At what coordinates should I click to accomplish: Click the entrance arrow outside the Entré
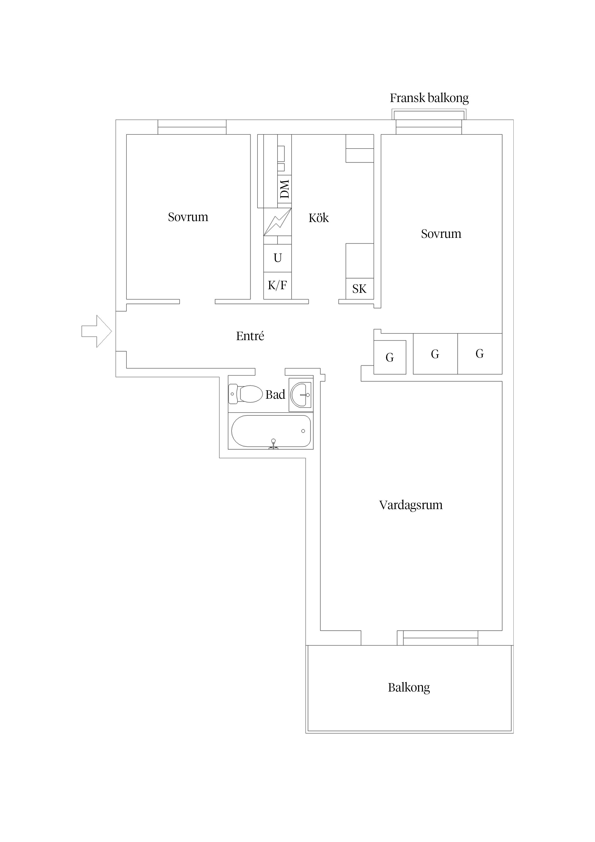pyautogui.click(x=96, y=331)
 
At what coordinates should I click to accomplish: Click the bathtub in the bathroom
pyautogui.click(x=271, y=431)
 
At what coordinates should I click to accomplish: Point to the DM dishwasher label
pyautogui.click(x=285, y=189)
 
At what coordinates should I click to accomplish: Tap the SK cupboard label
pyautogui.click(x=359, y=289)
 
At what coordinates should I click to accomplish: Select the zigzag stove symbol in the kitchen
pyautogui.click(x=278, y=222)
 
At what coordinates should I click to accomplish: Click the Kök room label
pyautogui.click(x=319, y=218)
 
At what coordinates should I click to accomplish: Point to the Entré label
pyautogui.click(x=250, y=336)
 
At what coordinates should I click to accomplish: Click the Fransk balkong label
pyautogui.click(x=429, y=98)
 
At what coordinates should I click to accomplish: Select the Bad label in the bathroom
pyautogui.click(x=275, y=395)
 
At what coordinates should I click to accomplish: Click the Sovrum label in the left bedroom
pyautogui.click(x=188, y=217)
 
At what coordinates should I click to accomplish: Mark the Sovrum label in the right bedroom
pyautogui.click(x=441, y=234)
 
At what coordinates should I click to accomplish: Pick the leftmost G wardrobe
pyautogui.click(x=390, y=357)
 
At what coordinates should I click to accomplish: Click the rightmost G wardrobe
pyautogui.click(x=480, y=354)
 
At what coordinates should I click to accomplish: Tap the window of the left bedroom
pyautogui.click(x=192, y=127)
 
